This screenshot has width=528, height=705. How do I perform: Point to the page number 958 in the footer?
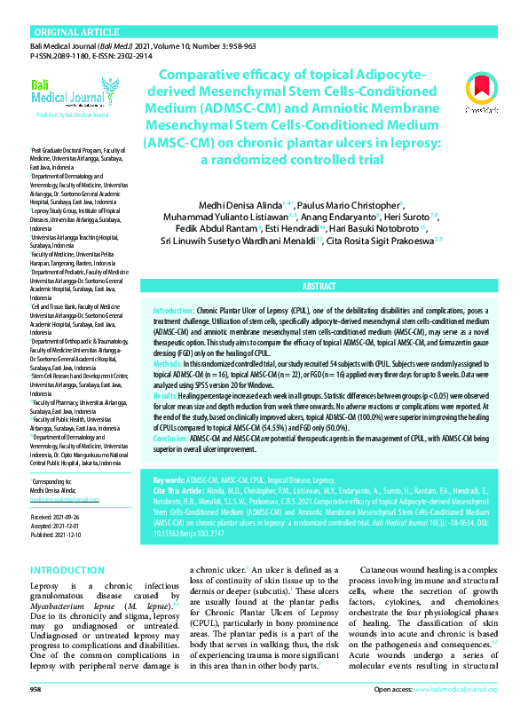click(x=36, y=689)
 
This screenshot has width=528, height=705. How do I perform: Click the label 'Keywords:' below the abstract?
click(x=169, y=479)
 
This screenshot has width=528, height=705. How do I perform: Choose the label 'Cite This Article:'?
click(x=180, y=490)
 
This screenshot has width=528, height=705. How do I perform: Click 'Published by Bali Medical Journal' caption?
click(x=72, y=115)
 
